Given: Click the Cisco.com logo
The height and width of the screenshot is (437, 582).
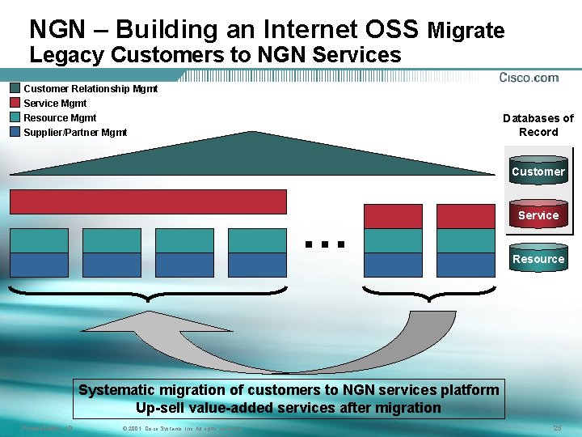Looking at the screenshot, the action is coord(529,78).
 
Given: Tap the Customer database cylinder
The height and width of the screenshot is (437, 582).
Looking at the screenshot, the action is coord(538,172).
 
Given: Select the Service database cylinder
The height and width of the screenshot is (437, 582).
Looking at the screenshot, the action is coord(538,214).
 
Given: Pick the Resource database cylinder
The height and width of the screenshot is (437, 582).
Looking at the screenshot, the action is coord(538,259).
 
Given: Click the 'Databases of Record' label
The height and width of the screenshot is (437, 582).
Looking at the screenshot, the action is coord(538,125).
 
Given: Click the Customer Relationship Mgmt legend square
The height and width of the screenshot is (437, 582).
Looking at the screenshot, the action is coord(15,88).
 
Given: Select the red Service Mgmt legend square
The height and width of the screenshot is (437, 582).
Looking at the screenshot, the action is coord(15,103).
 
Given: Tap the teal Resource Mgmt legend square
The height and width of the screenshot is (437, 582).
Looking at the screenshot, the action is coord(15,117).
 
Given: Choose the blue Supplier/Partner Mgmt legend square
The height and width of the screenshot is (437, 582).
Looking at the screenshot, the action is coord(15,132).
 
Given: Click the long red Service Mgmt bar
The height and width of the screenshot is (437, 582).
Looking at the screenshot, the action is coord(148,202).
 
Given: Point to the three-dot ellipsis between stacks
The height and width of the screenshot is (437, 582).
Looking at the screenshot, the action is coord(325,242).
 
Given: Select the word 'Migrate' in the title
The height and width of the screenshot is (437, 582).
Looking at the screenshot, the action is coord(466,32).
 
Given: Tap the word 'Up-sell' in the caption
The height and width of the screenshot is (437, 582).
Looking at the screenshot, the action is coord(162,408).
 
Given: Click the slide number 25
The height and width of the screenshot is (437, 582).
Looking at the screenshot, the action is coord(557,427).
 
